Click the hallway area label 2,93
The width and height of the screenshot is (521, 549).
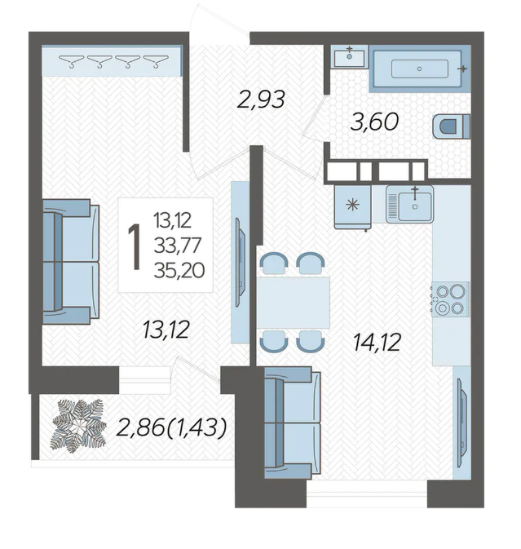click(261, 100)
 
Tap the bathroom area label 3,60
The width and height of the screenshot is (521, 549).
click(374, 122)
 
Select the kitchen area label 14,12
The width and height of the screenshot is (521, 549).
click(377, 342)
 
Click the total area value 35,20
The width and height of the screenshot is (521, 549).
click(179, 270)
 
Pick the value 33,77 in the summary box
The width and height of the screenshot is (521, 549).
click(178, 245)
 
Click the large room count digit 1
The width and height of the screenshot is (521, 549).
click(134, 247)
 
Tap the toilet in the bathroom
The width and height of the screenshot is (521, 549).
click(452, 126)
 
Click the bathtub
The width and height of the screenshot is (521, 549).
click(419, 69)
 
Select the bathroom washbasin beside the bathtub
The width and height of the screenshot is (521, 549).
click(349, 57)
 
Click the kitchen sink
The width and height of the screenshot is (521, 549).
click(410, 205)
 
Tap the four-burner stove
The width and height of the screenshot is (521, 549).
click(450, 299)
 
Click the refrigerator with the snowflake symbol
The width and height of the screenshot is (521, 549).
click(353, 207)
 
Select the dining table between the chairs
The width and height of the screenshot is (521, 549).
click(294, 302)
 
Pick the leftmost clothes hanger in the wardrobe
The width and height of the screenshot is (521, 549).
click(72, 61)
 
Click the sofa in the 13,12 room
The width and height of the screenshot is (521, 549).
click(71, 262)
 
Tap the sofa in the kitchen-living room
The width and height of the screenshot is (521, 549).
click(292, 423)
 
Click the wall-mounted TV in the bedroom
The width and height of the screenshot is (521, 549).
click(240, 263)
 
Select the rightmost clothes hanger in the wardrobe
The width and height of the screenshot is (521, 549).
click(156, 61)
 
